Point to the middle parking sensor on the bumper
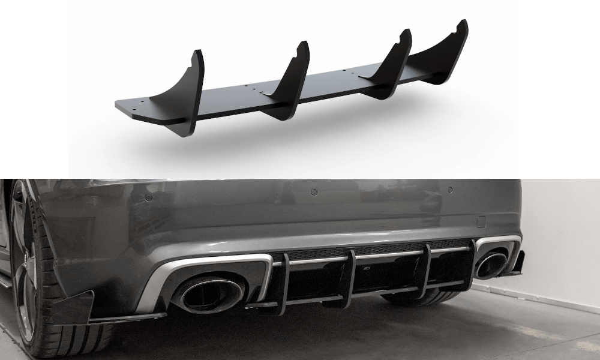[x=314, y=192]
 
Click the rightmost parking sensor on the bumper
[x=450, y=190]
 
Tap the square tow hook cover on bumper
[x=481, y=221]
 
